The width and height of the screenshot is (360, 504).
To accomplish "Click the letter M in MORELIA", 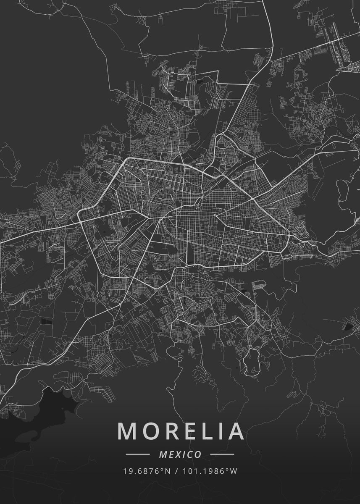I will tap(126, 431).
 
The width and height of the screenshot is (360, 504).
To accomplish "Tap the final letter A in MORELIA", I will tap(234, 431).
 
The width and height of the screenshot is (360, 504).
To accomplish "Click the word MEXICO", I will tap(180, 454).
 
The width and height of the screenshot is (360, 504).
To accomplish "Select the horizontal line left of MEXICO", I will tap(138, 454).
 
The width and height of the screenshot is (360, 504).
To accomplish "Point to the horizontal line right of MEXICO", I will tap(222, 454).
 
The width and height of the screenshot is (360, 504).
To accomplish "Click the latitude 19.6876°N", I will tap(147, 471).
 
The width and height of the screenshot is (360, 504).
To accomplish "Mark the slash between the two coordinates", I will tap(175, 471).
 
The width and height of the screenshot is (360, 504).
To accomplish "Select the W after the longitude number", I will tap(234, 471).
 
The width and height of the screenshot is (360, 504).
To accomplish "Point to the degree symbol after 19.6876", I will tap(162, 469).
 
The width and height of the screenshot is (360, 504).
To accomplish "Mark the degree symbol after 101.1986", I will tap(228, 469).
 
